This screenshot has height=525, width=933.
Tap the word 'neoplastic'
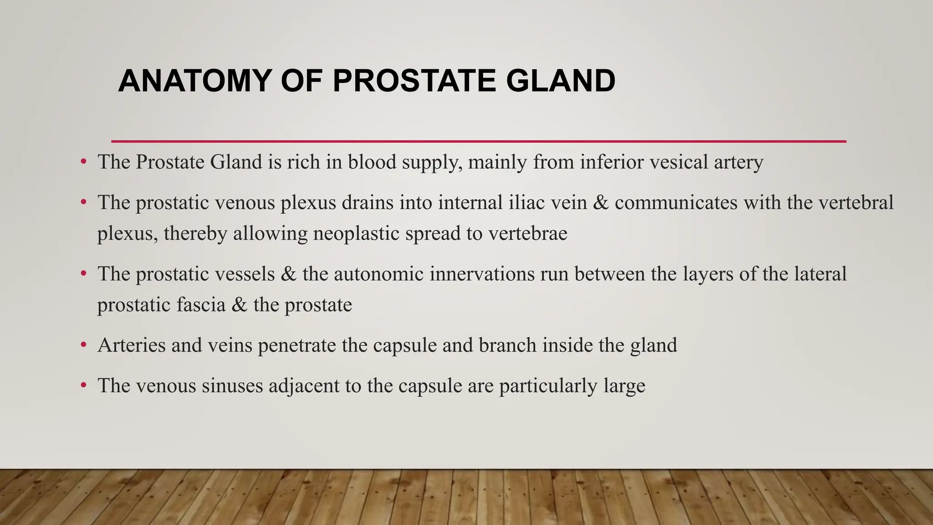coord(356,233)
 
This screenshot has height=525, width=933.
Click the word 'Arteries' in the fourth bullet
coord(131,345)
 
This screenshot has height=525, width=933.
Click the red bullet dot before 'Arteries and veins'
coord(83,345)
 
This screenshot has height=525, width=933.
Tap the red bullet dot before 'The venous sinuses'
coord(83,386)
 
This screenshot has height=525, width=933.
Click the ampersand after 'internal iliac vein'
coord(601,202)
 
